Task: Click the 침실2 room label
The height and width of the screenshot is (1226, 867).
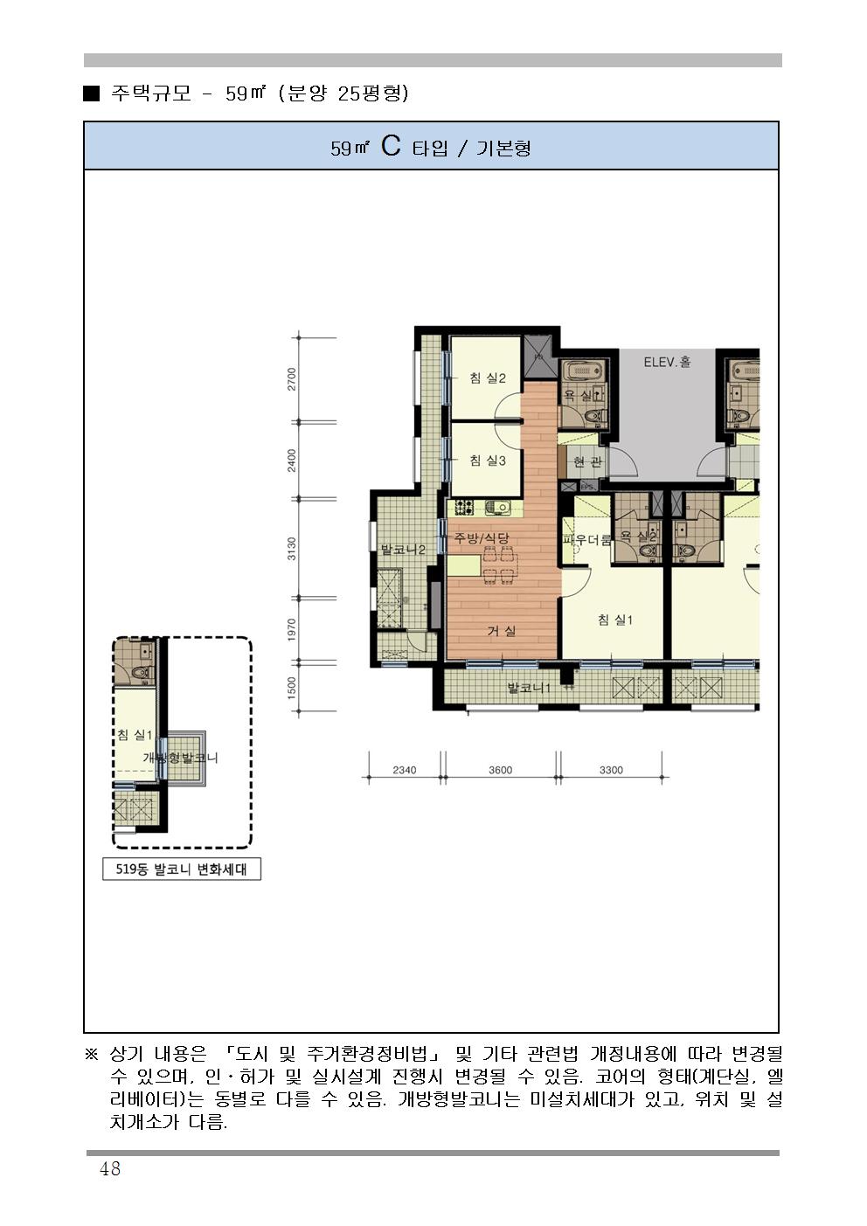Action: [487, 377]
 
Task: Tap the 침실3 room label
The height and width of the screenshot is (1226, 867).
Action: [487, 461]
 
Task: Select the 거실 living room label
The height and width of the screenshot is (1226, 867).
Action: [502, 631]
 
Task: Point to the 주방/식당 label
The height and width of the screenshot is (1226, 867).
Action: [482, 538]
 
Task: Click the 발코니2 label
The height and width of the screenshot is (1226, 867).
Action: [403, 549]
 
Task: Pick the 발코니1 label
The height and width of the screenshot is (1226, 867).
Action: [529, 688]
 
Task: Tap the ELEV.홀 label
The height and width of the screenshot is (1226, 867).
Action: [667, 362]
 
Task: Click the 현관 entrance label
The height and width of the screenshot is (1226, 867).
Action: [588, 462]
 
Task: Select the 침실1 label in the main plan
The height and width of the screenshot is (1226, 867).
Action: [615, 620]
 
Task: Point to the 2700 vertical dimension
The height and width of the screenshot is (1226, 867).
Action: [292, 378]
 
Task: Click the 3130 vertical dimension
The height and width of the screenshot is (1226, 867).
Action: [292, 549]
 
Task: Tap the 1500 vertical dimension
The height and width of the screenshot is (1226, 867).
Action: [292, 688]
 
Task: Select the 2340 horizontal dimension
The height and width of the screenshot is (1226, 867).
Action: [405, 770]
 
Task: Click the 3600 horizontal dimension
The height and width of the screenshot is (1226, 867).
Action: [500, 770]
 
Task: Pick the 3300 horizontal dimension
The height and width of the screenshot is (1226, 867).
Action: [611, 770]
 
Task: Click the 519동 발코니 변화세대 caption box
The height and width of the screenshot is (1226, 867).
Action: [182, 869]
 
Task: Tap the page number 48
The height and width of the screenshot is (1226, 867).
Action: [110, 1168]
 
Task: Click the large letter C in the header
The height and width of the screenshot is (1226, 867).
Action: [391, 146]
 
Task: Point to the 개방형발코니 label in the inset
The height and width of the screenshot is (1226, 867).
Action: [181, 758]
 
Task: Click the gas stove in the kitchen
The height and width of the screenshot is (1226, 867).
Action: [464, 508]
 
